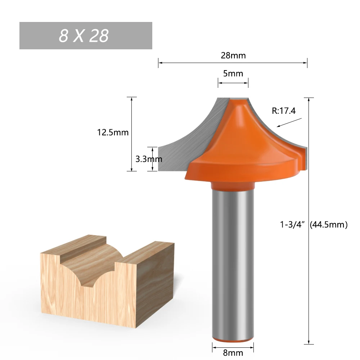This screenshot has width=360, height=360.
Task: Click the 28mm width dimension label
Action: tap(233, 55)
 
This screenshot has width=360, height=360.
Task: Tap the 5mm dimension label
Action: tap(233, 74)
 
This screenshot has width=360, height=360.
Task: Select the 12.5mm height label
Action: tap(113, 132)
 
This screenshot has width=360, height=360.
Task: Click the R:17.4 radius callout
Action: tap(284, 111)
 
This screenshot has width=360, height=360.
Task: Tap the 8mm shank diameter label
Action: tap(233, 353)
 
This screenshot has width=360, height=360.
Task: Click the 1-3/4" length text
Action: tap(293, 225)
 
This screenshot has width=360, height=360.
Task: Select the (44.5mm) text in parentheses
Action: tap(328, 225)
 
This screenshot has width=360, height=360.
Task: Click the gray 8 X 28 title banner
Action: tap(86, 36)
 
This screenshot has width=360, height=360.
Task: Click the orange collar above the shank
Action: tap(233, 186)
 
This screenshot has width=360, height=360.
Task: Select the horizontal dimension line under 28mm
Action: tap(233, 63)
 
